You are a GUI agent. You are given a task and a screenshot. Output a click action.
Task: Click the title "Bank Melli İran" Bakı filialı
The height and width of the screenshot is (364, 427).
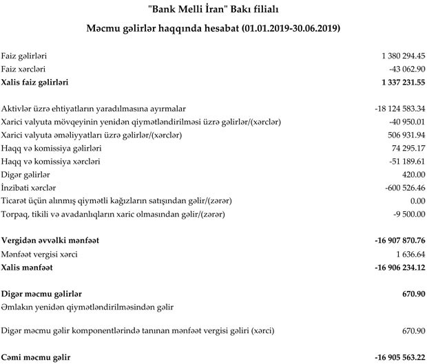[x=213, y=10]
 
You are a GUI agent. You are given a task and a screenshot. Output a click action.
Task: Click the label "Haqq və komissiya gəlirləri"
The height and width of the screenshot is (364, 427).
[x=51, y=149]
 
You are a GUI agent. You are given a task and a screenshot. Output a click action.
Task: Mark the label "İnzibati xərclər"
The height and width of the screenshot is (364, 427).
[x=28, y=188]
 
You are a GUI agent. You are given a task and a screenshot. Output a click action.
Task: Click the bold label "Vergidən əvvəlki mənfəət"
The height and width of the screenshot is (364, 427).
[x=50, y=241]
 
